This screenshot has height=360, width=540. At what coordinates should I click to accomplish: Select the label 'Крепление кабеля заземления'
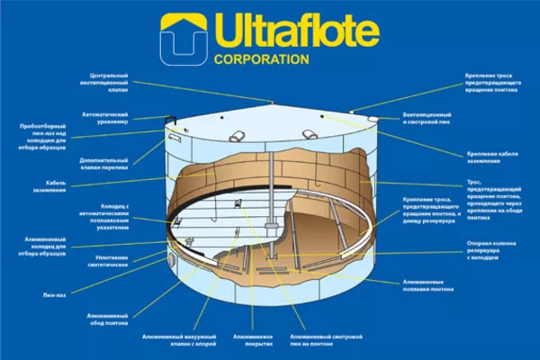point(494,156)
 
